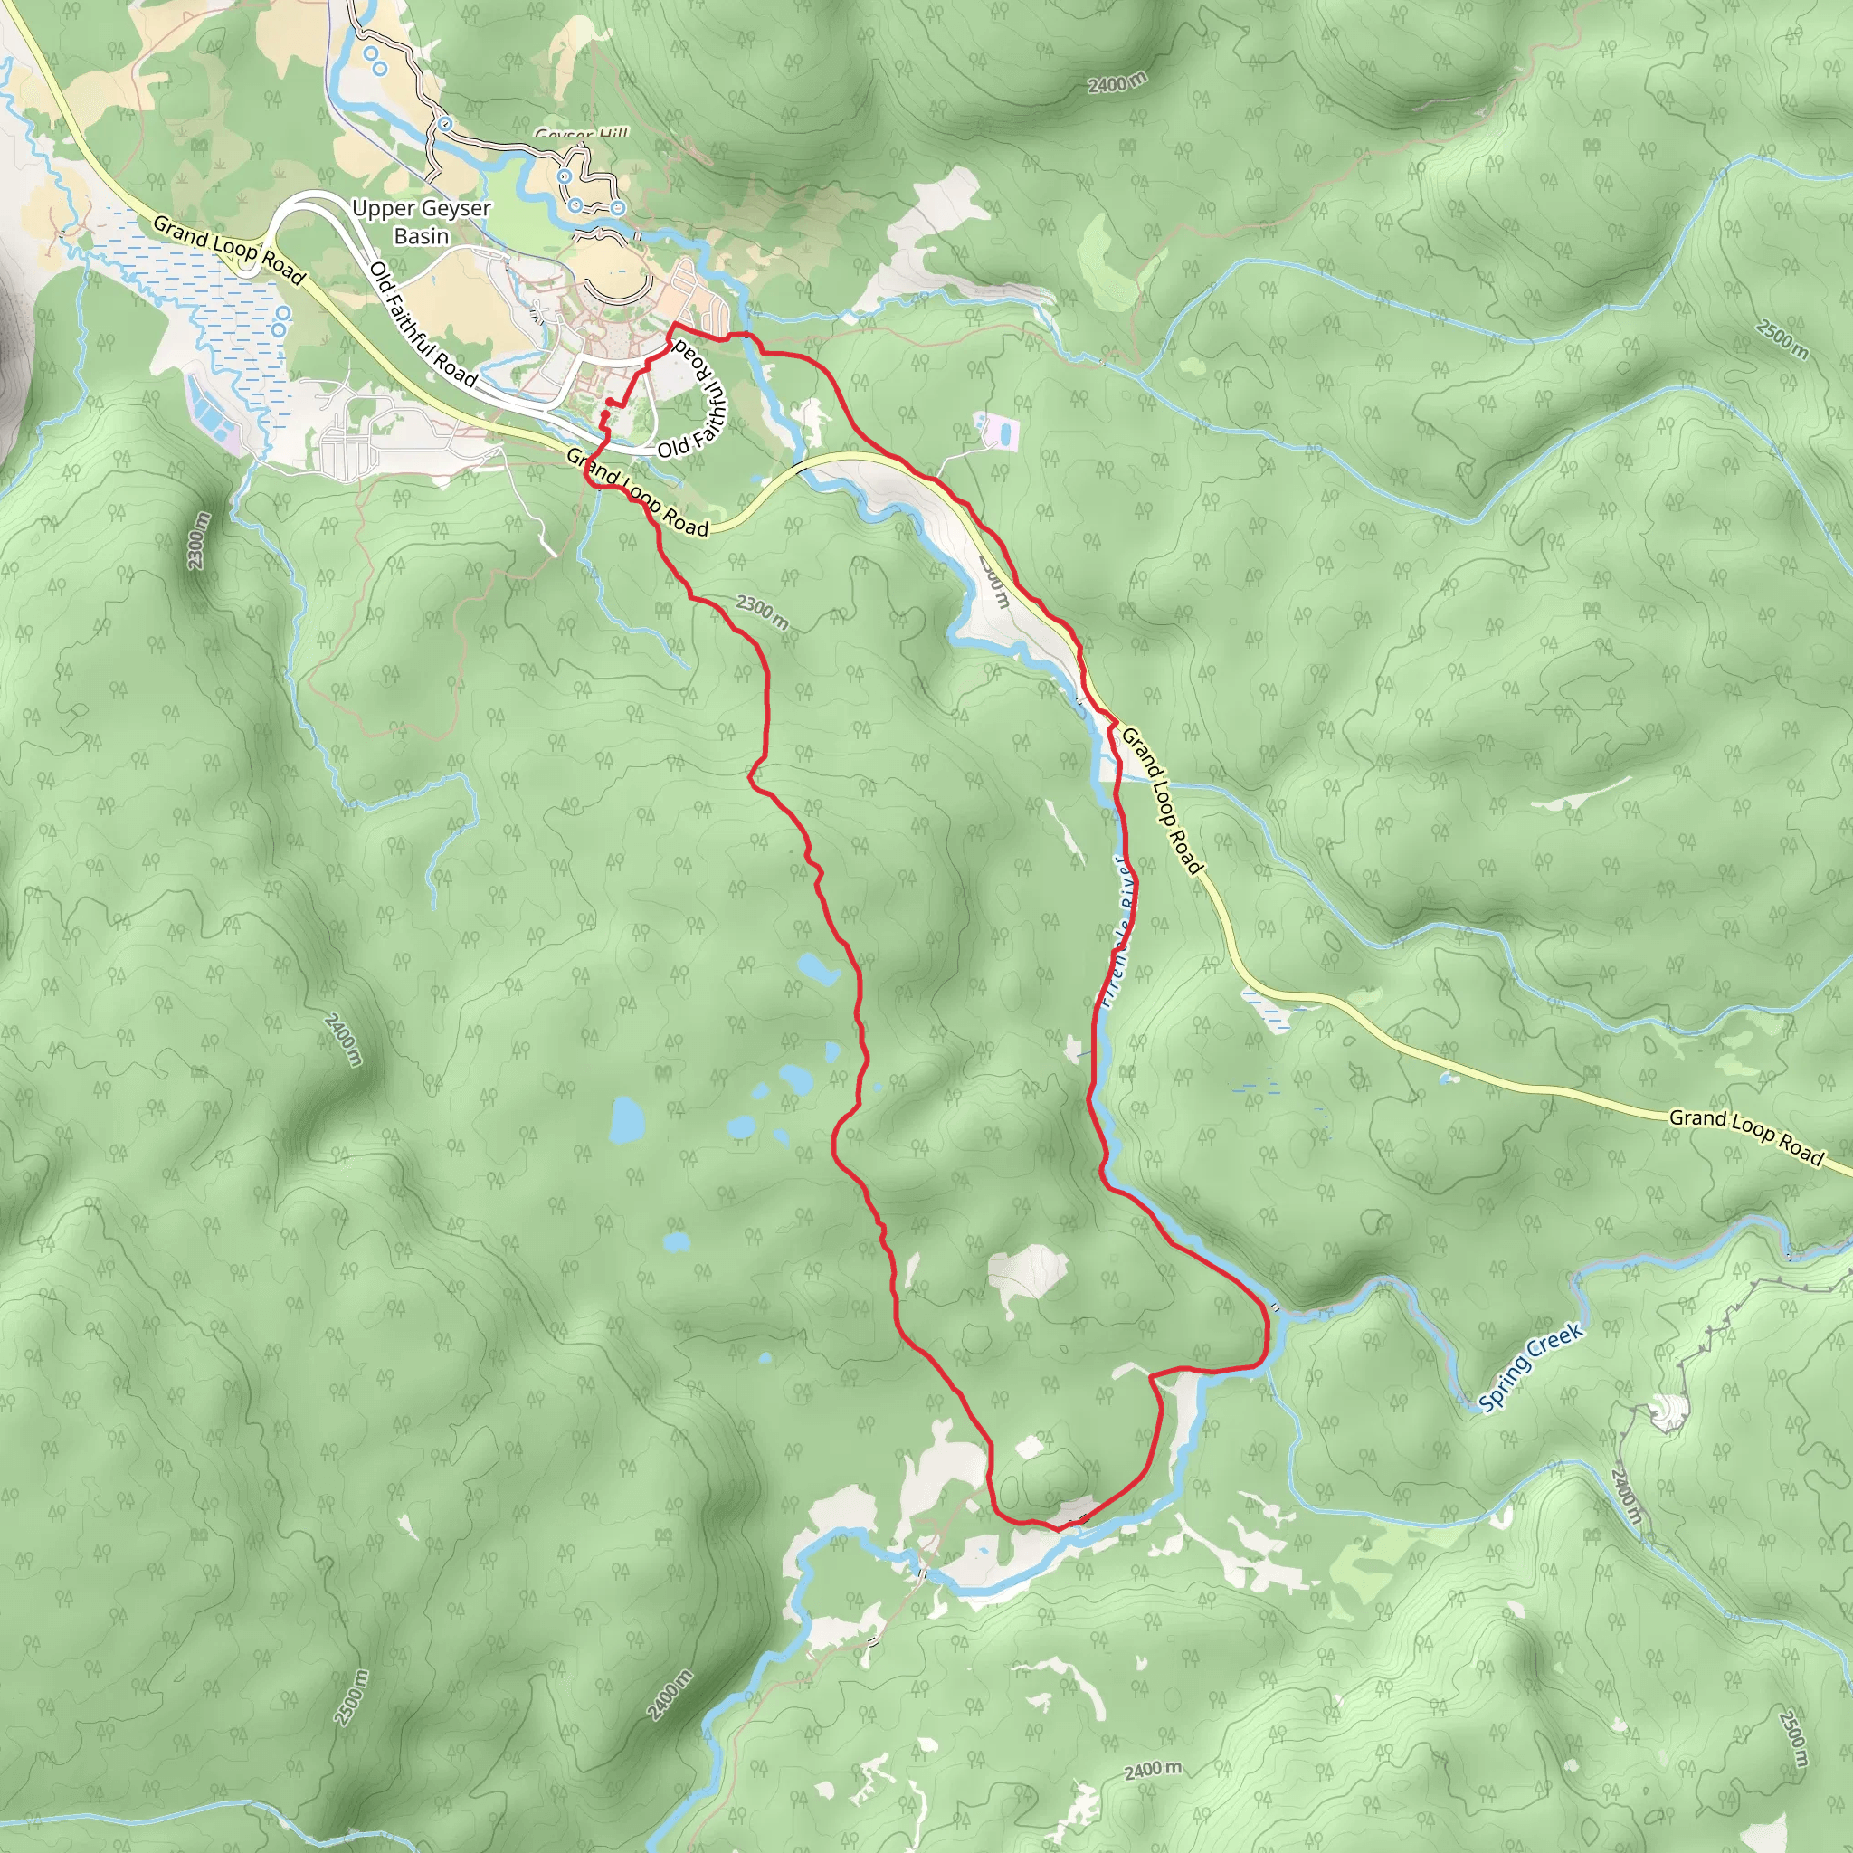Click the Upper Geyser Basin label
click(x=421, y=222)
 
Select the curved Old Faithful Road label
click(x=698, y=397)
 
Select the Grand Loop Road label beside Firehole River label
click(x=1162, y=801)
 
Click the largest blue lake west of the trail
click(x=626, y=1119)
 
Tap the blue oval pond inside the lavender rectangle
click(x=1003, y=434)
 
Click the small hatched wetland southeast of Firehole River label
click(x=1268, y=1009)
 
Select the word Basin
click(x=421, y=236)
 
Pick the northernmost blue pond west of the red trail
click(x=817, y=969)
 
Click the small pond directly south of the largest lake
click(x=675, y=1243)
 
